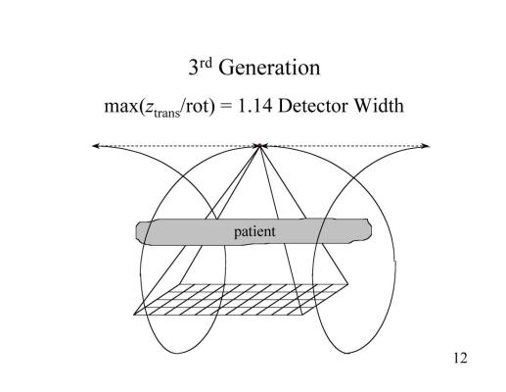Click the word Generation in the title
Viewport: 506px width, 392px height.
coord(269,68)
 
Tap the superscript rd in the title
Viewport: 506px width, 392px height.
coord(206,63)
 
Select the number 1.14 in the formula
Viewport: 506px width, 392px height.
coord(255,106)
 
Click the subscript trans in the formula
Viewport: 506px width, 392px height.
coord(166,113)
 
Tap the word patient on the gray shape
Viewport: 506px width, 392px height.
coord(254,231)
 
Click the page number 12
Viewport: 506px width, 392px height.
coord(460,358)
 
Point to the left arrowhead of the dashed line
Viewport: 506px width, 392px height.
coord(95,146)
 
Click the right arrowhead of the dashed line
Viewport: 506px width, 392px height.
coord(427,146)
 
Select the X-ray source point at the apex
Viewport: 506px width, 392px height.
coord(259,146)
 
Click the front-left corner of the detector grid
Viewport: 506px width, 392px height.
coord(134,315)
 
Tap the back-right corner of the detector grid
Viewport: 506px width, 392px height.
coord(346,284)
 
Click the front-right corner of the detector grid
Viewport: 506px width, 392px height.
coord(302,315)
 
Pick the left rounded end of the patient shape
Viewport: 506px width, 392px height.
coord(136,232)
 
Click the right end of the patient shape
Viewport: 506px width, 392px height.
coord(370,229)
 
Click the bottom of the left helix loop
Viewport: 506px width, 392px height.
coord(178,353)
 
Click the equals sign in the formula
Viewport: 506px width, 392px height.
coord(226,107)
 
